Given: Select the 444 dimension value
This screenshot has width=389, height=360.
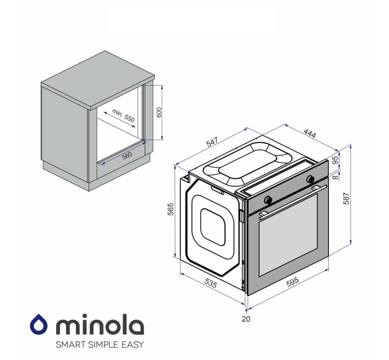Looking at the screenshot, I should (309, 134).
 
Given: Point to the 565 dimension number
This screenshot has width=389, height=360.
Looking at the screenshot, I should (170, 210).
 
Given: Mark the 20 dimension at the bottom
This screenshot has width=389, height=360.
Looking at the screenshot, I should (246, 319).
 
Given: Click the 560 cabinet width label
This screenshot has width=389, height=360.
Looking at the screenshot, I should (126, 155).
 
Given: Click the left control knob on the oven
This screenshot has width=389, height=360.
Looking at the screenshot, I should (268, 199).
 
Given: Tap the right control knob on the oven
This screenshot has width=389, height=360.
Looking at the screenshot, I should (311, 179).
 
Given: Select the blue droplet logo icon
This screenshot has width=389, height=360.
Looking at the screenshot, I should (39, 325).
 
